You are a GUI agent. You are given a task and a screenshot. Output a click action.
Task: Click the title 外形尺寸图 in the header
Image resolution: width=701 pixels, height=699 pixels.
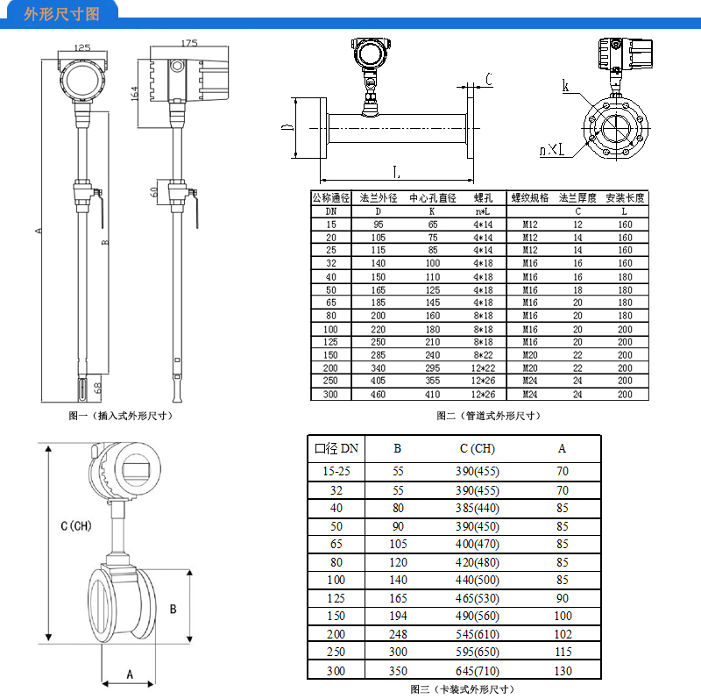(x=61, y=14)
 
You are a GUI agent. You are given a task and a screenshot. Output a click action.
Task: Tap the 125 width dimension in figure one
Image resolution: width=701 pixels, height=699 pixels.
(x=82, y=48)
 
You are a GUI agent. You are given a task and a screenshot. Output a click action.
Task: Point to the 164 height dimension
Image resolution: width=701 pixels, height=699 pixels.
(x=135, y=91)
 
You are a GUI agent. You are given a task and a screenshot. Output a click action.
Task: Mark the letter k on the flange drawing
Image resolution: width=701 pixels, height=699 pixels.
(x=566, y=85)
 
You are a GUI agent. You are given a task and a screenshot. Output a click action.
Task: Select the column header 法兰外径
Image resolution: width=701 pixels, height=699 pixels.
(x=379, y=198)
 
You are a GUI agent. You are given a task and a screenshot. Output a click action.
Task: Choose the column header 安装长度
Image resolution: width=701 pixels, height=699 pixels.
(x=625, y=198)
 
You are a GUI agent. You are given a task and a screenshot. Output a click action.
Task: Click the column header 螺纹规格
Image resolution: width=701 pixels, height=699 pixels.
(x=529, y=198)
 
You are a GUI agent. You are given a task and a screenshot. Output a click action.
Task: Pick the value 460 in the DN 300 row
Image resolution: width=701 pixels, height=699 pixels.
(x=379, y=395)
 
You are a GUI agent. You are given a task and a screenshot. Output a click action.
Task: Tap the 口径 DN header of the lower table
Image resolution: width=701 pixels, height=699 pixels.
(x=336, y=448)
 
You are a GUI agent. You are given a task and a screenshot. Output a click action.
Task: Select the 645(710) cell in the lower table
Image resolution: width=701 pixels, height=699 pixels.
(x=477, y=671)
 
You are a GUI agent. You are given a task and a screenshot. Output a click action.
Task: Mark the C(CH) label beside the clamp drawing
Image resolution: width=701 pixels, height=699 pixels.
(x=75, y=526)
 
